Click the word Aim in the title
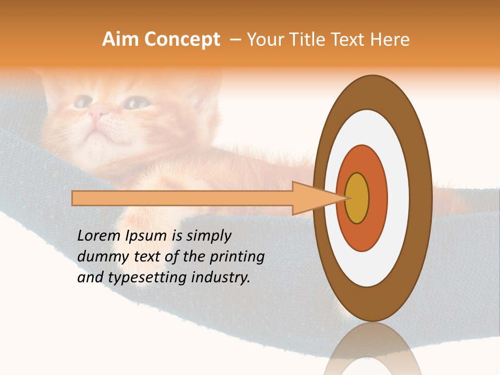point(121,40)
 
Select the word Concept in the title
point(183,40)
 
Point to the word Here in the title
point(390,40)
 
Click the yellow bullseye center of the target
point(357,198)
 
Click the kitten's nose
point(95,113)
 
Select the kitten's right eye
point(133,104)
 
